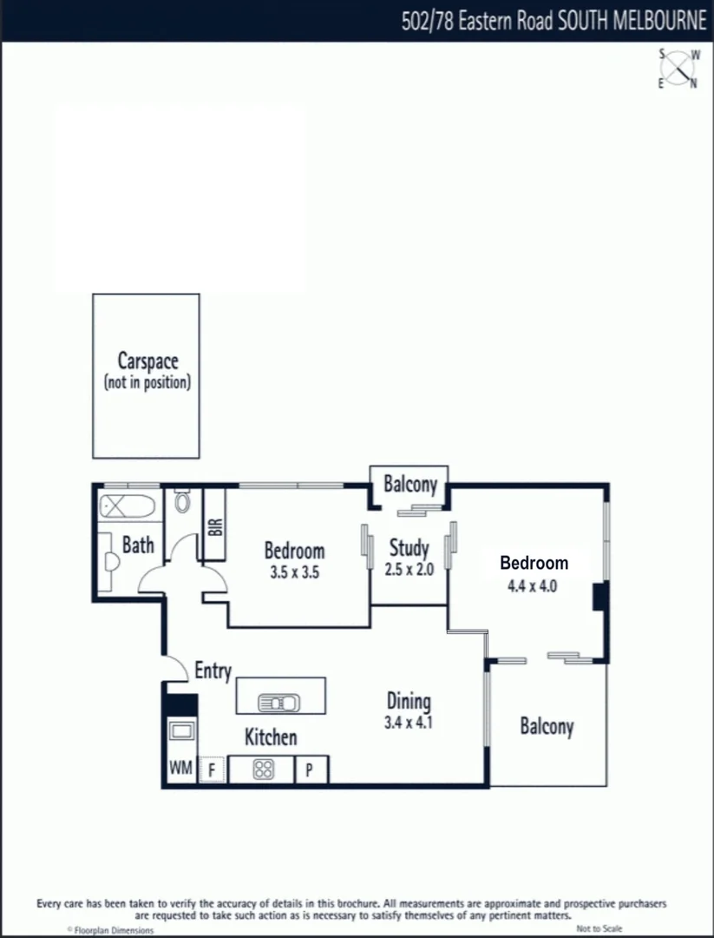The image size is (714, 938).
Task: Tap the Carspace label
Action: coord(147,360)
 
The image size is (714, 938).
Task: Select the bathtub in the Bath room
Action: coord(127,505)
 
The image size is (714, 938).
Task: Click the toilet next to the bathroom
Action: coord(182,502)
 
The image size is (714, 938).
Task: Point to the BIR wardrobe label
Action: coord(214,526)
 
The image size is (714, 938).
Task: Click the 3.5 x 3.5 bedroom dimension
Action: coord(294,572)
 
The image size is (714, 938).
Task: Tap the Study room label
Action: coord(409,548)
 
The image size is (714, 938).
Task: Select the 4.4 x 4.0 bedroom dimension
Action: coord(532,585)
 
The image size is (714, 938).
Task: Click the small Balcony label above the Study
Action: coord(410,485)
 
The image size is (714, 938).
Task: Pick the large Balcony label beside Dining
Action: coord(547,726)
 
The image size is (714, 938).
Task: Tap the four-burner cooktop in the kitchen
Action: coord(263,770)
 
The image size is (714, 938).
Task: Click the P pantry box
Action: coord(310,770)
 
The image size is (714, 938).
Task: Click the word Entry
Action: coord(213,670)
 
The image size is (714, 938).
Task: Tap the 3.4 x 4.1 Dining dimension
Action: coord(408,722)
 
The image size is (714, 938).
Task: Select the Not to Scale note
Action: coord(599,929)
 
